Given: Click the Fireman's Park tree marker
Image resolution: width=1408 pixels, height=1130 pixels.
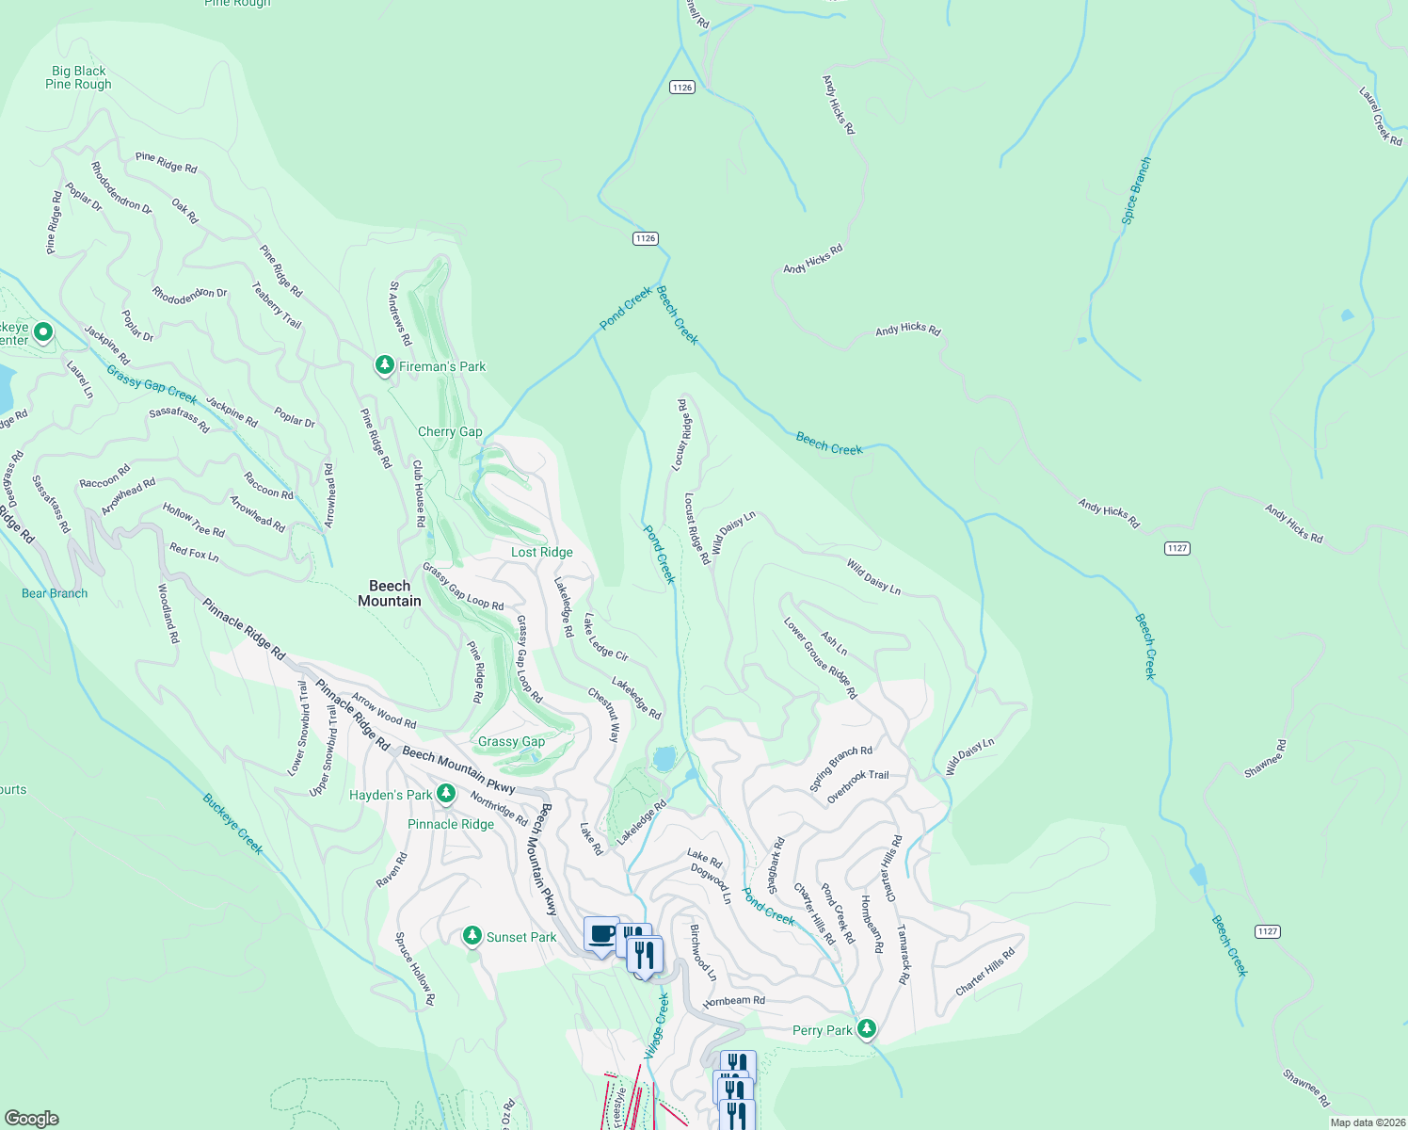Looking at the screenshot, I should click(384, 365).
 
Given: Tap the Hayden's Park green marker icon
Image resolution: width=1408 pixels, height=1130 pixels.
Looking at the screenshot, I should click(447, 794).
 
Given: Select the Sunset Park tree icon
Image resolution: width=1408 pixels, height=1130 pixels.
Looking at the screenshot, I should click(472, 936).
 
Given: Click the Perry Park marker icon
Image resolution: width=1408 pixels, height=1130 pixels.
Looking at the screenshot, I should click(867, 1028).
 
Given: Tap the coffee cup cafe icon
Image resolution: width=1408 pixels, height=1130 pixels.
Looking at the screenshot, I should click(601, 935).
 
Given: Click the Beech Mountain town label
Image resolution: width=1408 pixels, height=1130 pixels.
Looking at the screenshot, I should click(390, 593).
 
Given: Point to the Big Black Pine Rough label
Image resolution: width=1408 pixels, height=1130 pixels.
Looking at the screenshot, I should click(78, 77).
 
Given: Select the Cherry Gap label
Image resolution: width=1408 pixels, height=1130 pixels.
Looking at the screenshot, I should click(450, 431).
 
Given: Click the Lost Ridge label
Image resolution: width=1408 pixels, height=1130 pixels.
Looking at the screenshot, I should click(541, 552).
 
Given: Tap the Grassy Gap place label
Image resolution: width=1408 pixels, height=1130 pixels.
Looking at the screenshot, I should click(511, 741).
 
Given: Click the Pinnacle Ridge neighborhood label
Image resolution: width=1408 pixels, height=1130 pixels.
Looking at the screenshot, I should click(451, 824).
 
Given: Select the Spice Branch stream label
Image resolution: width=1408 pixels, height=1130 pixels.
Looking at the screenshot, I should click(1136, 191).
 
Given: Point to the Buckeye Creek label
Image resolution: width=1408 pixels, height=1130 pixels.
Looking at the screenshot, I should click(232, 823).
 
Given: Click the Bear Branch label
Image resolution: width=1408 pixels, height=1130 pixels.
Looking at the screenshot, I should click(55, 593).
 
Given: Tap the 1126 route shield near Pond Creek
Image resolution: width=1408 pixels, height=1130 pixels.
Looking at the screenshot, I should click(645, 238).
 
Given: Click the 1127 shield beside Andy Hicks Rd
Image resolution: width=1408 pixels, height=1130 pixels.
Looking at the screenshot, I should click(1177, 548).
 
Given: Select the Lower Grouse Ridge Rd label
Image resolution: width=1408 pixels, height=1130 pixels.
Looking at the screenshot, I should click(820, 658).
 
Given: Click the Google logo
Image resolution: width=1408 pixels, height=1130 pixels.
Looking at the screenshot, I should click(32, 1118).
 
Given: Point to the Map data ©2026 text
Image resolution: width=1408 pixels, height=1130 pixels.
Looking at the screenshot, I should click(1367, 1122).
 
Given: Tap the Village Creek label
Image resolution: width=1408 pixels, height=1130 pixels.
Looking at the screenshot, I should click(657, 1025).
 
